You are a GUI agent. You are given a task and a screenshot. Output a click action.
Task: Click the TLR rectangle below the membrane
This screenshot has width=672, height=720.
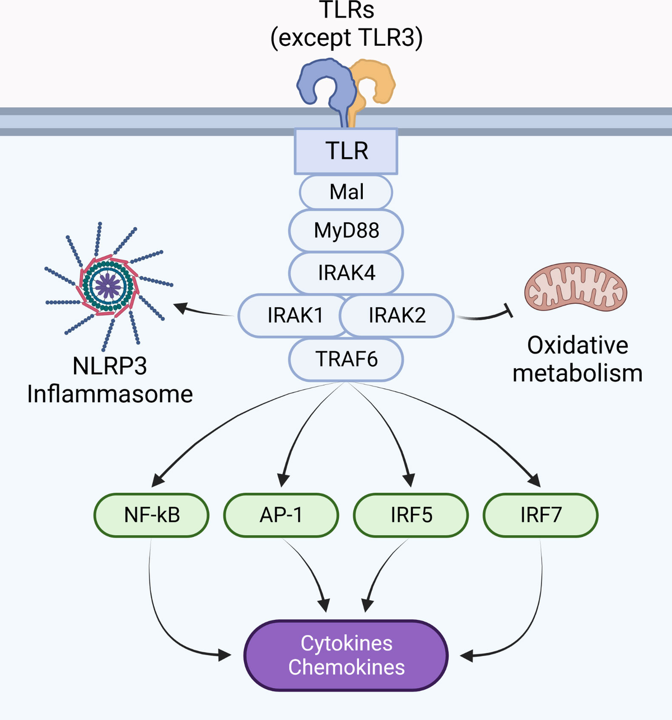point(346,151)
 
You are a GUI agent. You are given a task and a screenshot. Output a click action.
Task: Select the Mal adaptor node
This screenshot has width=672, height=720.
point(346,192)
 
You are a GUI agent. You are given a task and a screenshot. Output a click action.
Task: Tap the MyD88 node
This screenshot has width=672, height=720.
point(346,230)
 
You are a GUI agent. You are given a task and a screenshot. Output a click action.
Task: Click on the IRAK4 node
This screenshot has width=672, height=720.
point(346,273)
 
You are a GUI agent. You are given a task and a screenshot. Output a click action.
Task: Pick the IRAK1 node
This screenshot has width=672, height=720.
point(291,316)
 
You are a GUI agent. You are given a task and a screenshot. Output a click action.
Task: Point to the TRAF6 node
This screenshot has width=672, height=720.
point(346,359)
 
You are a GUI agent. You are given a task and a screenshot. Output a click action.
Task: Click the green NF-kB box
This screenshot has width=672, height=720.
point(151,515)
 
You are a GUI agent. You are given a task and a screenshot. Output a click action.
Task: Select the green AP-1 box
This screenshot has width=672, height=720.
point(281,515)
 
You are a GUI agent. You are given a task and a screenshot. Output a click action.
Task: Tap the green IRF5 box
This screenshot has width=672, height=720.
point(411,515)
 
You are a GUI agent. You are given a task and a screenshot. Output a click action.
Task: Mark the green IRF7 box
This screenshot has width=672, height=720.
point(540,515)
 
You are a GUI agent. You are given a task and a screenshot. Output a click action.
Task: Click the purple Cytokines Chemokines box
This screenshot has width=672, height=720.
point(346,655)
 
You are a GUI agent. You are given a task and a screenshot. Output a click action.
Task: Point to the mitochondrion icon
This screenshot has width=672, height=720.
point(576,288)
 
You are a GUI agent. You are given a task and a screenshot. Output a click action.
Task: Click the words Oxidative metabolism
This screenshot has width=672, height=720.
point(577,359)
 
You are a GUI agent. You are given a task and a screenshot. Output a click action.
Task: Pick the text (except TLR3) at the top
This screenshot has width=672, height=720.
point(346,38)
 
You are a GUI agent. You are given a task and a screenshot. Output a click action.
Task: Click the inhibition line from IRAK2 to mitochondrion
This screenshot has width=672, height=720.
point(482,317)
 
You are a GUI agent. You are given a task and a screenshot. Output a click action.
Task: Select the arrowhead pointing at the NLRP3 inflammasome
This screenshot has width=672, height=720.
point(180,307)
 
